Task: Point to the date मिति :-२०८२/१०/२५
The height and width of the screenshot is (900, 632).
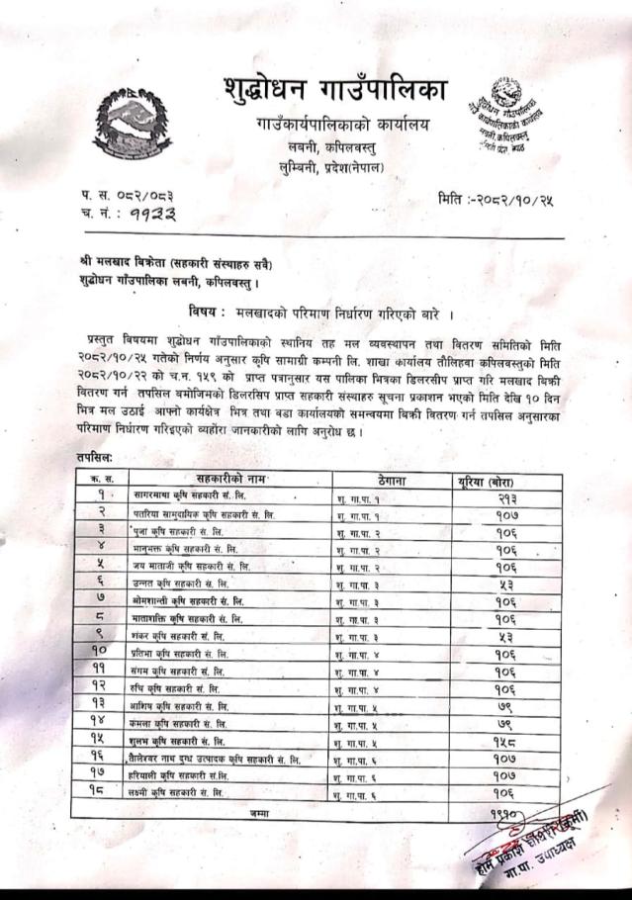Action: point(495,199)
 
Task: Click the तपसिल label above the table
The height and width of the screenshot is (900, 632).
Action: point(94,459)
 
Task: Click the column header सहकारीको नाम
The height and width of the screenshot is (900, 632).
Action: point(226,477)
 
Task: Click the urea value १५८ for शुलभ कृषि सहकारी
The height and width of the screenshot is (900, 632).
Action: point(504,741)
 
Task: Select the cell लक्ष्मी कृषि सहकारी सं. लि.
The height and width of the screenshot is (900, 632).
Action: point(183,793)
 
